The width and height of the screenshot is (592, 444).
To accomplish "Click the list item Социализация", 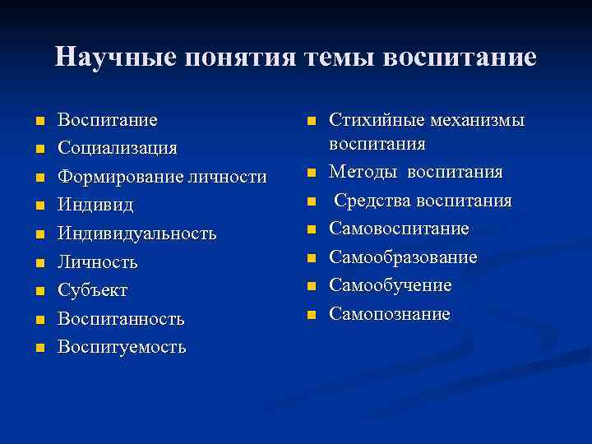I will pyautogui.click(x=117, y=148).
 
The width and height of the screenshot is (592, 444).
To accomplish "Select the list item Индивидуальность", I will pyautogui.click(x=136, y=234).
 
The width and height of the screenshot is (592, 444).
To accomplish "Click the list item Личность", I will pyautogui.click(x=97, y=262).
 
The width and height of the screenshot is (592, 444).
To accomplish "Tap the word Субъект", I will pyautogui.click(x=92, y=290).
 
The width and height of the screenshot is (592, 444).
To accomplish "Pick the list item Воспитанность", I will pyautogui.click(x=121, y=318).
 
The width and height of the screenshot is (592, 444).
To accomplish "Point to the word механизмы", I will pyautogui.click(x=480, y=120).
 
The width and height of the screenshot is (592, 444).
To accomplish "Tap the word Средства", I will pyautogui.click(x=369, y=201).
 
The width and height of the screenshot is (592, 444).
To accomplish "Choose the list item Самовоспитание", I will pyautogui.click(x=399, y=229).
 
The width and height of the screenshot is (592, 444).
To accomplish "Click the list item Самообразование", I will pyautogui.click(x=403, y=257).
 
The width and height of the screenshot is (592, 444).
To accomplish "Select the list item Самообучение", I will pyautogui.click(x=391, y=285).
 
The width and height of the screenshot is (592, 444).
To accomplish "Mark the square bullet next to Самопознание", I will pyautogui.click(x=311, y=315).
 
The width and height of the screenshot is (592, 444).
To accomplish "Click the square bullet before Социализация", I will pyautogui.click(x=38, y=149).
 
